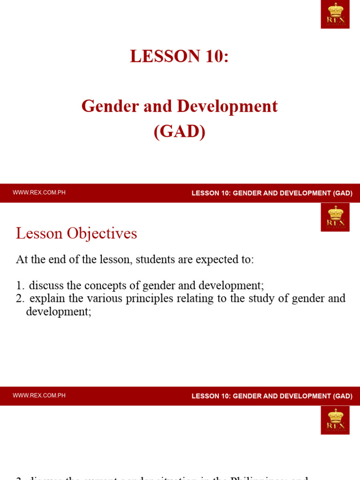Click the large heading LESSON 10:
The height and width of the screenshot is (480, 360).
click(x=180, y=56)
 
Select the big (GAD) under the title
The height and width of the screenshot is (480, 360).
click(x=180, y=131)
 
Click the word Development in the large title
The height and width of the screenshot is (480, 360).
click(x=225, y=106)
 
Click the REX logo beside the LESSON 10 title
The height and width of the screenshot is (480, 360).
click(x=335, y=15)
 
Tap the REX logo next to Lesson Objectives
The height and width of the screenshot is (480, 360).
click(x=335, y=217)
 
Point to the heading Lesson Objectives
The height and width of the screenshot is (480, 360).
click(x=76, y=233)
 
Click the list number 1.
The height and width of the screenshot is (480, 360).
click(x=19, y=285)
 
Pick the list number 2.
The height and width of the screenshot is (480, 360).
click(x=19, y=299)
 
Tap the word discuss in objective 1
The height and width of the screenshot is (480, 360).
click(x=46, y=285)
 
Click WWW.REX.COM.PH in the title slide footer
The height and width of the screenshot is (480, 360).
click(x=39, y=193)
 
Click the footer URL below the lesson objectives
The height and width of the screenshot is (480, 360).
click(x=39, y=396)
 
